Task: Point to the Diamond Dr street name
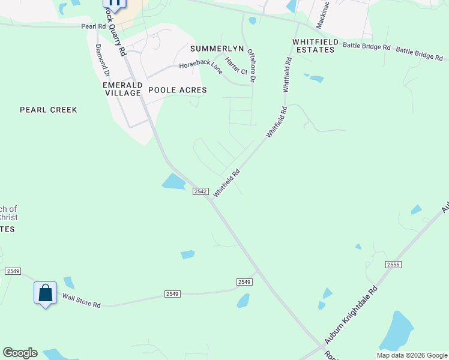pyautogui.click(x=102, y=61)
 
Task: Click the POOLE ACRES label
pyautogui.click(x=177, y=90)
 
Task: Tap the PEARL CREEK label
pyautogui.click(x=49, y=110)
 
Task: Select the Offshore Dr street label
pyautogui.click(x=252, y=67)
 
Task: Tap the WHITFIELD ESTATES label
pyautogui.click(x=313, y=46)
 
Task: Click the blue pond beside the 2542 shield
pyautogui.click(x=173, y=181)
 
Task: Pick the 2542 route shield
pyautogui.click(x=200, y=191)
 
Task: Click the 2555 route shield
pyautogui.click(x=393, y=265)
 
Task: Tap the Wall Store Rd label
pyautogui.click(x=81, y=300)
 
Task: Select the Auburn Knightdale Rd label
pyautogui.click(x=351, y=315)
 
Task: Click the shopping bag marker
pyautogui.click(x=45, y=293)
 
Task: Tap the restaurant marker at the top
pyautogui.click(x=115, y=3)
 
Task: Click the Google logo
pyautogui.click(x=20, y=353)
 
